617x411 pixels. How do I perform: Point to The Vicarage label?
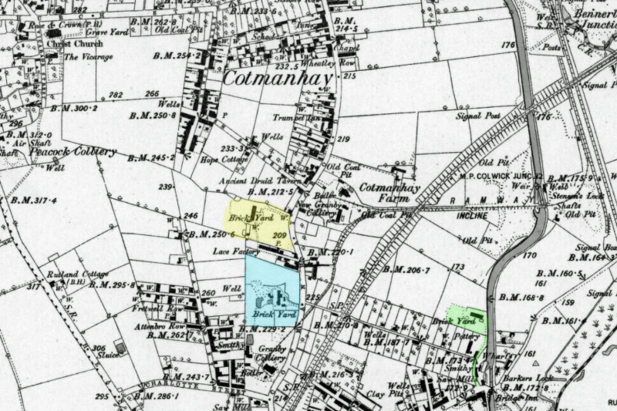click(88, 57)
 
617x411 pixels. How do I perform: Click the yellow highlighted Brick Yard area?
click(258, 223)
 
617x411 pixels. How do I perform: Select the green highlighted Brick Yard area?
click(470, 320)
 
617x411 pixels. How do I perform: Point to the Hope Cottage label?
click(221, 160)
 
